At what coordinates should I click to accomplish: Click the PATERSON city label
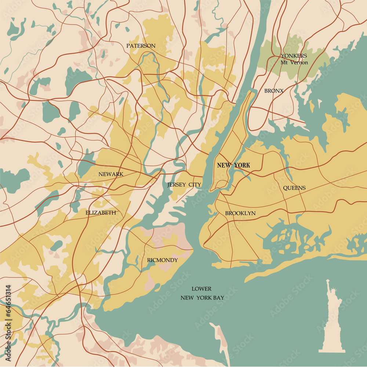pos(141,46)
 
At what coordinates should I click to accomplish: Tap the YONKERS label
pos(294,56)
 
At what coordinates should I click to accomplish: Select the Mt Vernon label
pos(294,62)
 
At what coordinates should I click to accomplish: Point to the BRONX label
pos(274,90)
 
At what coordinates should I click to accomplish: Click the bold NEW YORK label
pos(233,166)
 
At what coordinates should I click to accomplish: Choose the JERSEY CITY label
pos(184,185)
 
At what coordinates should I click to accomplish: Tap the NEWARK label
pos(111,174)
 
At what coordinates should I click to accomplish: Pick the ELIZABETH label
pos(101,212)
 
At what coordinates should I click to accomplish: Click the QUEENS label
pos(294,188)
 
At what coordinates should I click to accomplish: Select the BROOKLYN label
pos(240,213)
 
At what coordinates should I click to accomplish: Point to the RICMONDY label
pos(162,260)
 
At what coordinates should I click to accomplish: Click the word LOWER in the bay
pos(201,289)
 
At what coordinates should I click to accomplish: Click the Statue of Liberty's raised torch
pos(327,281)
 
